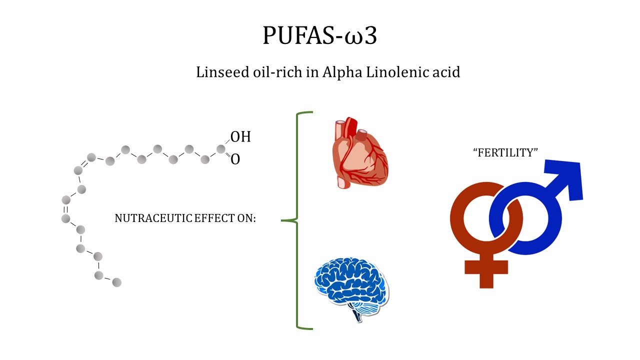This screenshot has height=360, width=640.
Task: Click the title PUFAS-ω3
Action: click(319, 35)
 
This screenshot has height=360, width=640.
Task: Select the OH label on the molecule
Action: click(240, 137)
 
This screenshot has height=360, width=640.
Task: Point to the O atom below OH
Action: click(235, 159)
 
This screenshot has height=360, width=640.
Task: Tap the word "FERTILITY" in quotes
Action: click(505, 153)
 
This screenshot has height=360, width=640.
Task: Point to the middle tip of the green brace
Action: click(283, 220)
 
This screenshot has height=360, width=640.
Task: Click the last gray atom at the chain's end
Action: click(116, 282)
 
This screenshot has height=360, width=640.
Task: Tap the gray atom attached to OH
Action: click(220, 149)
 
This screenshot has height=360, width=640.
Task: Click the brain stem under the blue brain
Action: click(356, 315)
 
